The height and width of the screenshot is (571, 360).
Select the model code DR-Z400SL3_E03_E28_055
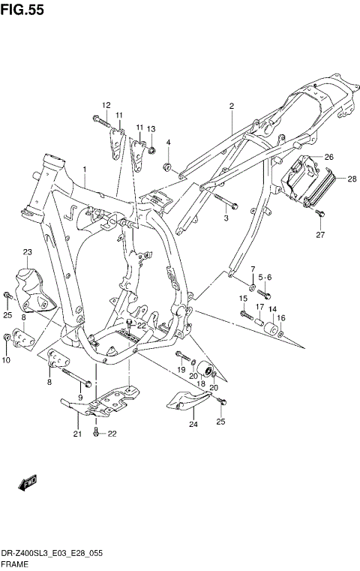point(52,552)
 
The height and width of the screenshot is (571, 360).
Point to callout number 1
point(85,170)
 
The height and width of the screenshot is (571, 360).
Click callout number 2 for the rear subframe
point(232,106)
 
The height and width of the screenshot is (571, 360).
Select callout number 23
point(27,252)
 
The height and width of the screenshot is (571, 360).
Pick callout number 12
point(106,105)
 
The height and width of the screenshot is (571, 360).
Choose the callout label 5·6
point(265,278)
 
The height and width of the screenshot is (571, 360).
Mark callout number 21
point(76,434)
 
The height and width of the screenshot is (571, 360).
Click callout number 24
point(193,425)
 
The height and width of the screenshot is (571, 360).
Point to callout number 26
point(328,156)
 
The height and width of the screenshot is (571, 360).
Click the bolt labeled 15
point(247,314)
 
